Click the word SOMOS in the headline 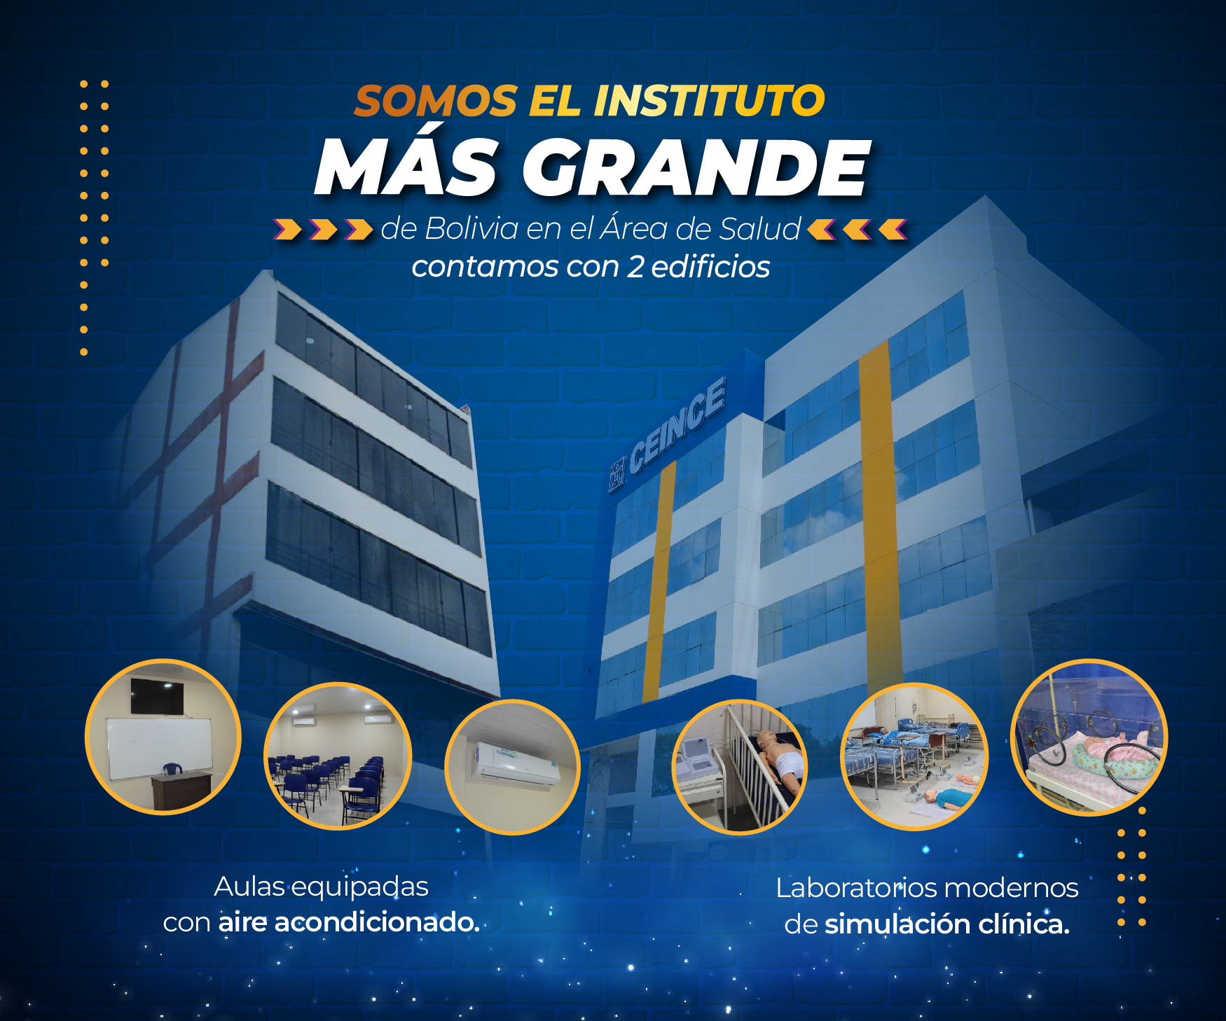point(436,101)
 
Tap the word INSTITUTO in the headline point(709,101)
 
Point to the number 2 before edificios point(635,267)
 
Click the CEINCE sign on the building point(677,424)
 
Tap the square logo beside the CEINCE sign point(617,474)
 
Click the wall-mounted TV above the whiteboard point(157,696)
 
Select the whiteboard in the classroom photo point(159,748)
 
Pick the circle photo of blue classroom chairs point(337,756)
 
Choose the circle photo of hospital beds point(914,756)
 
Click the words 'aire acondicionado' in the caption point(348,922)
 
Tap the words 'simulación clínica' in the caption point(947,924)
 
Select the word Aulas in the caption point(249,887)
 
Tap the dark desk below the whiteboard point(181,789)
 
